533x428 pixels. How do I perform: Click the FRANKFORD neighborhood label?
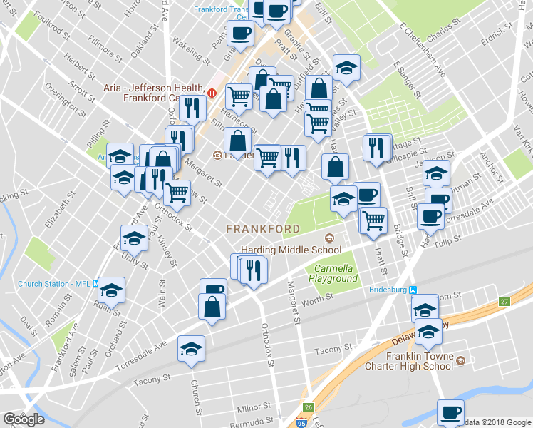(263, 229)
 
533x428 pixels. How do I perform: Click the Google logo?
(24, 419)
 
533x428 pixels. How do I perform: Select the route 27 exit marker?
(504, 302)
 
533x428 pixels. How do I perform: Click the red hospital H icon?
(212, 91)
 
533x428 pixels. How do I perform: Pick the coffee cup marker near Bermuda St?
(450, 412)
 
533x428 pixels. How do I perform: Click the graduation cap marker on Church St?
(190, 349)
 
